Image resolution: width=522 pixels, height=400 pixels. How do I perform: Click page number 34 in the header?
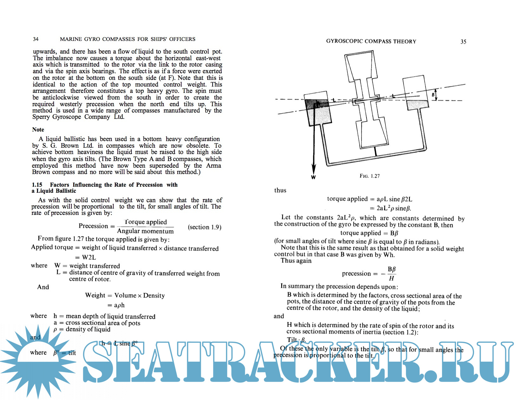pos(36,39)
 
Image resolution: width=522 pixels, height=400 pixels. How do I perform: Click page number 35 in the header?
pos(463,42)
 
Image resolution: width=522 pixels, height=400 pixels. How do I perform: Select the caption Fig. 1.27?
pos(369,176)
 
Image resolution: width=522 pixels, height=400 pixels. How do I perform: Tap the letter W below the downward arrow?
pos(313,177)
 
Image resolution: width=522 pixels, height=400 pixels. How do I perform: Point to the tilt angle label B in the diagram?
pos(433,95)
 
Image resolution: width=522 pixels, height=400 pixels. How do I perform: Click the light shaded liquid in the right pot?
pos(417,105)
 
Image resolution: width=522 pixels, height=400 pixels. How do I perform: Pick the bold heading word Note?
pos(38,130)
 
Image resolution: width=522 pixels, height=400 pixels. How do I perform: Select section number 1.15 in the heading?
pos(37,185)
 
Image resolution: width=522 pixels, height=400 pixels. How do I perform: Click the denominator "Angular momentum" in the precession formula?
pos(145,231)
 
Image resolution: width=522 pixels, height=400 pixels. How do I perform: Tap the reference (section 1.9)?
pos(204,227)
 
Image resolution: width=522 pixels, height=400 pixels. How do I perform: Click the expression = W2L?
pos(85,257)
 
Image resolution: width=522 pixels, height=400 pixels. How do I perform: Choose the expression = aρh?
pos(116,305)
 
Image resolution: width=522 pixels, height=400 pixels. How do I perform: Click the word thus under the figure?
pos(280,190)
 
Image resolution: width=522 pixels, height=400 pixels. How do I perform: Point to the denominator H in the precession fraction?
pos(392,278)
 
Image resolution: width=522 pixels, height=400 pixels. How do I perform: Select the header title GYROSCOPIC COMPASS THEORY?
pos(371,42)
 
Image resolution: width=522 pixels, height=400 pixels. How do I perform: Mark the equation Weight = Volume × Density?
pos(125,295)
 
